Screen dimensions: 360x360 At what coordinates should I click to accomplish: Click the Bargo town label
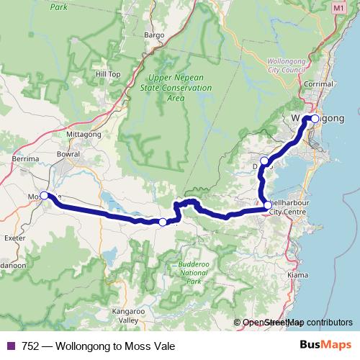point(154,34)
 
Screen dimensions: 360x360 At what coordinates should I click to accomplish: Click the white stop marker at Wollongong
point(315,119)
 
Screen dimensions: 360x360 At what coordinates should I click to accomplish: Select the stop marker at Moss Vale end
point(44,195)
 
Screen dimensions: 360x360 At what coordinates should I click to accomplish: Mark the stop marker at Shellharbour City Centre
point(268,205)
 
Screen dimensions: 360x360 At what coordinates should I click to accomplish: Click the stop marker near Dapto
point(264,161)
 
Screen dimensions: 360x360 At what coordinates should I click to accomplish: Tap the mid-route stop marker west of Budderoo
point(163,222)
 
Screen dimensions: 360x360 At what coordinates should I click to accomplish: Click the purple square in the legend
point(10,346)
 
